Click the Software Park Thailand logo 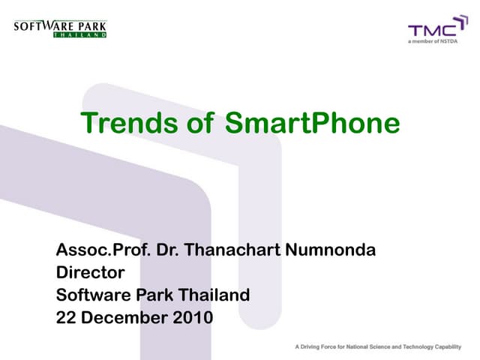coord(60,28)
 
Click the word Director coord(90,272)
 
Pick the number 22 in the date coord(67,317)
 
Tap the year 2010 coord(193,317)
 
